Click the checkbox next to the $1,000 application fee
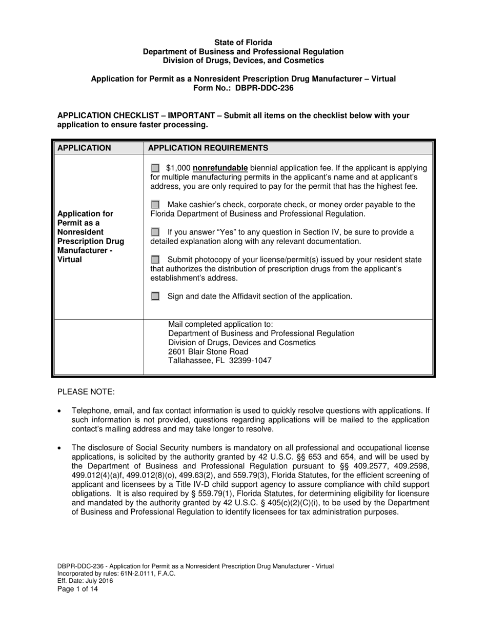coord(155,168)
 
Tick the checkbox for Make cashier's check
coord(155,205)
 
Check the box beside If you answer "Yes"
coord(155,232)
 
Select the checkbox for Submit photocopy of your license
coord(155,260)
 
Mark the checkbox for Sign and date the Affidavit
coord(155,297)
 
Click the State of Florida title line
coord(243,43)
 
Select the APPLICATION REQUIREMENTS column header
coord(208,148)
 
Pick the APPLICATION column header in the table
coord(84,148)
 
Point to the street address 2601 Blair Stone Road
coord(208,351)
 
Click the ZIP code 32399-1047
coord(251,361)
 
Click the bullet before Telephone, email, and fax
coord(60,411)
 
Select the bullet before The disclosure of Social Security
coord(60,448)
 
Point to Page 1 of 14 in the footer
coord(77,589)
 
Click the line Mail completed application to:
coord(220,324)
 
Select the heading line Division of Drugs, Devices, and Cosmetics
coord(243,61)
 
